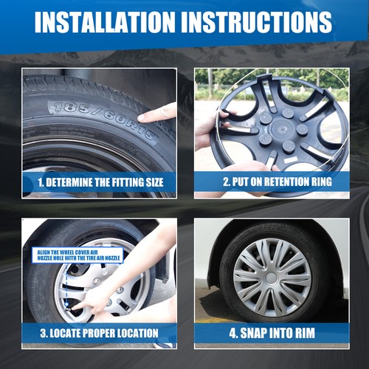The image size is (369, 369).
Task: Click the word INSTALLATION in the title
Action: click(106, 22)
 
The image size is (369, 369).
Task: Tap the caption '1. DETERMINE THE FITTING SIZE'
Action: click(100, 182)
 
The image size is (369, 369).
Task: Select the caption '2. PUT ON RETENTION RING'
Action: click(277, 182)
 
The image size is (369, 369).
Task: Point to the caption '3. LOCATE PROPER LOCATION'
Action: click(99, 333)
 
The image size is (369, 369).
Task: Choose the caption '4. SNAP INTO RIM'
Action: click(272, 333)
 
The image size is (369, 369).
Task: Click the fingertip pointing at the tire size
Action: click(142, 117)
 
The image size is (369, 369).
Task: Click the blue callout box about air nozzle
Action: click(77, 255)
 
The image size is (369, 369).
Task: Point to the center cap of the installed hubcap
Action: click(272, 278)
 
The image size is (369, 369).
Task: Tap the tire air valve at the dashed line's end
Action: click(66, 305)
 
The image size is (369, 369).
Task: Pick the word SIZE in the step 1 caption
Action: click(155, 182)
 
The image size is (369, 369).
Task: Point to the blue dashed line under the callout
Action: click(66, 283)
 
